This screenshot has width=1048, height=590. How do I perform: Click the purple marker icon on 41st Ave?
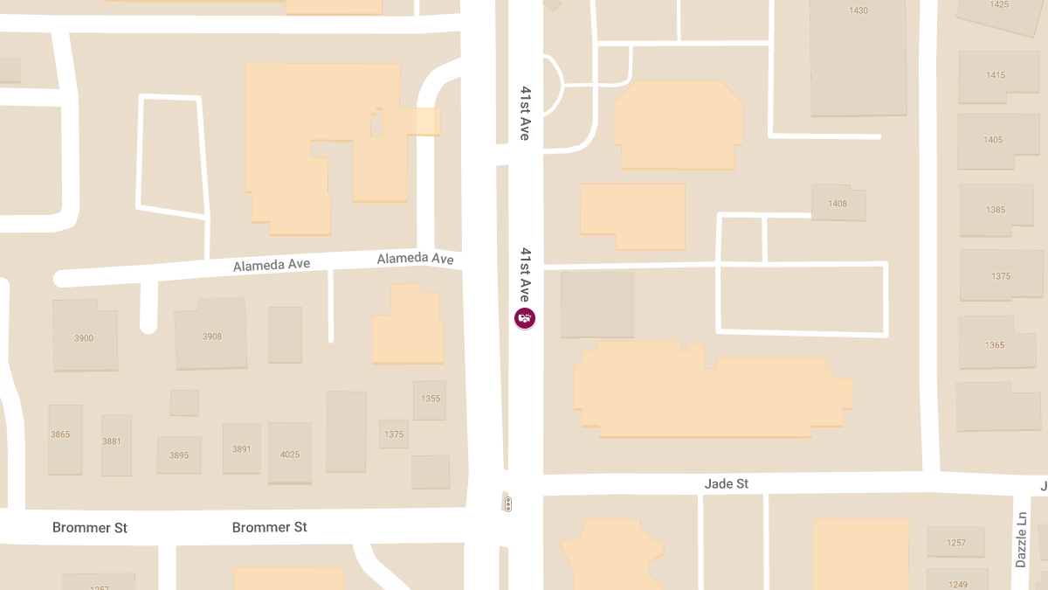pos(524,319)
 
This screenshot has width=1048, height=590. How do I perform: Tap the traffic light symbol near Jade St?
pos(507,504)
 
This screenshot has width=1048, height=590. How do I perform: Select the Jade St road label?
pos(726,483)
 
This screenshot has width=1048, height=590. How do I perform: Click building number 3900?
pos(84,338)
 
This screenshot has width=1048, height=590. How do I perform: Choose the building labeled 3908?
pos(212,337)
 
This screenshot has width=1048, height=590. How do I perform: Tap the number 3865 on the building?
pos(60,434)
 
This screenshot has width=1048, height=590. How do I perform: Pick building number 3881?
pos(112,441)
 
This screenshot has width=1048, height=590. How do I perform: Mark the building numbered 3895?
pos(179,455)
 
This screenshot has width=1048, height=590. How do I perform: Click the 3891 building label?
pos(242,449)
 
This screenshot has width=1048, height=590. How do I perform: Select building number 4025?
pos(290,455)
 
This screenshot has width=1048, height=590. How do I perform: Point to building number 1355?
pos(431,399)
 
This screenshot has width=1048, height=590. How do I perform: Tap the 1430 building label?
pos(858,10)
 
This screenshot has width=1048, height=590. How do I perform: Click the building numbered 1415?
pos(995,75)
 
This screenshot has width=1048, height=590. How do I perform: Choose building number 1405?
pos(993,140)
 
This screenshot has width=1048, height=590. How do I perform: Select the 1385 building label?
pos(996,210)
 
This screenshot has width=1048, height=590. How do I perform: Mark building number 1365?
pos(995,345)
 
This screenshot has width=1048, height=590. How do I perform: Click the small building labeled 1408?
pos(838,204)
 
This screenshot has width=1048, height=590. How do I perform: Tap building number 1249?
pos(958,584)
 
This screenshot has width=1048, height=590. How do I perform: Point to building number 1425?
pos(999,5)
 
